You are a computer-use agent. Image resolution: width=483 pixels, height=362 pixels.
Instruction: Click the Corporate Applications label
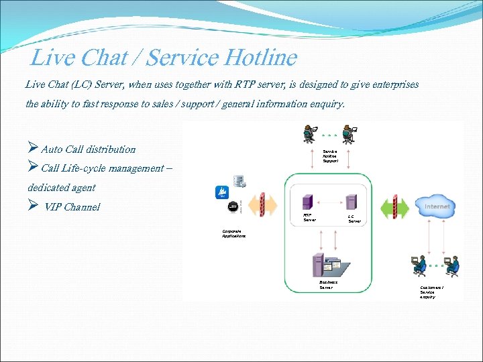tap(233, 233)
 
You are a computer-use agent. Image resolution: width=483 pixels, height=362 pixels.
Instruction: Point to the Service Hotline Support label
tap(330, 156)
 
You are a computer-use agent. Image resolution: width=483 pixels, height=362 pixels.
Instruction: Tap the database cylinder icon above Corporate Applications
tap(238, 181)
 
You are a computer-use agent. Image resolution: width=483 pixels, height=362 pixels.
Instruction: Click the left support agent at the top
tap(309, 133)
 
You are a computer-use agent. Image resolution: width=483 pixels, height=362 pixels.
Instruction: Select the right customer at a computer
tap(453, 265)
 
